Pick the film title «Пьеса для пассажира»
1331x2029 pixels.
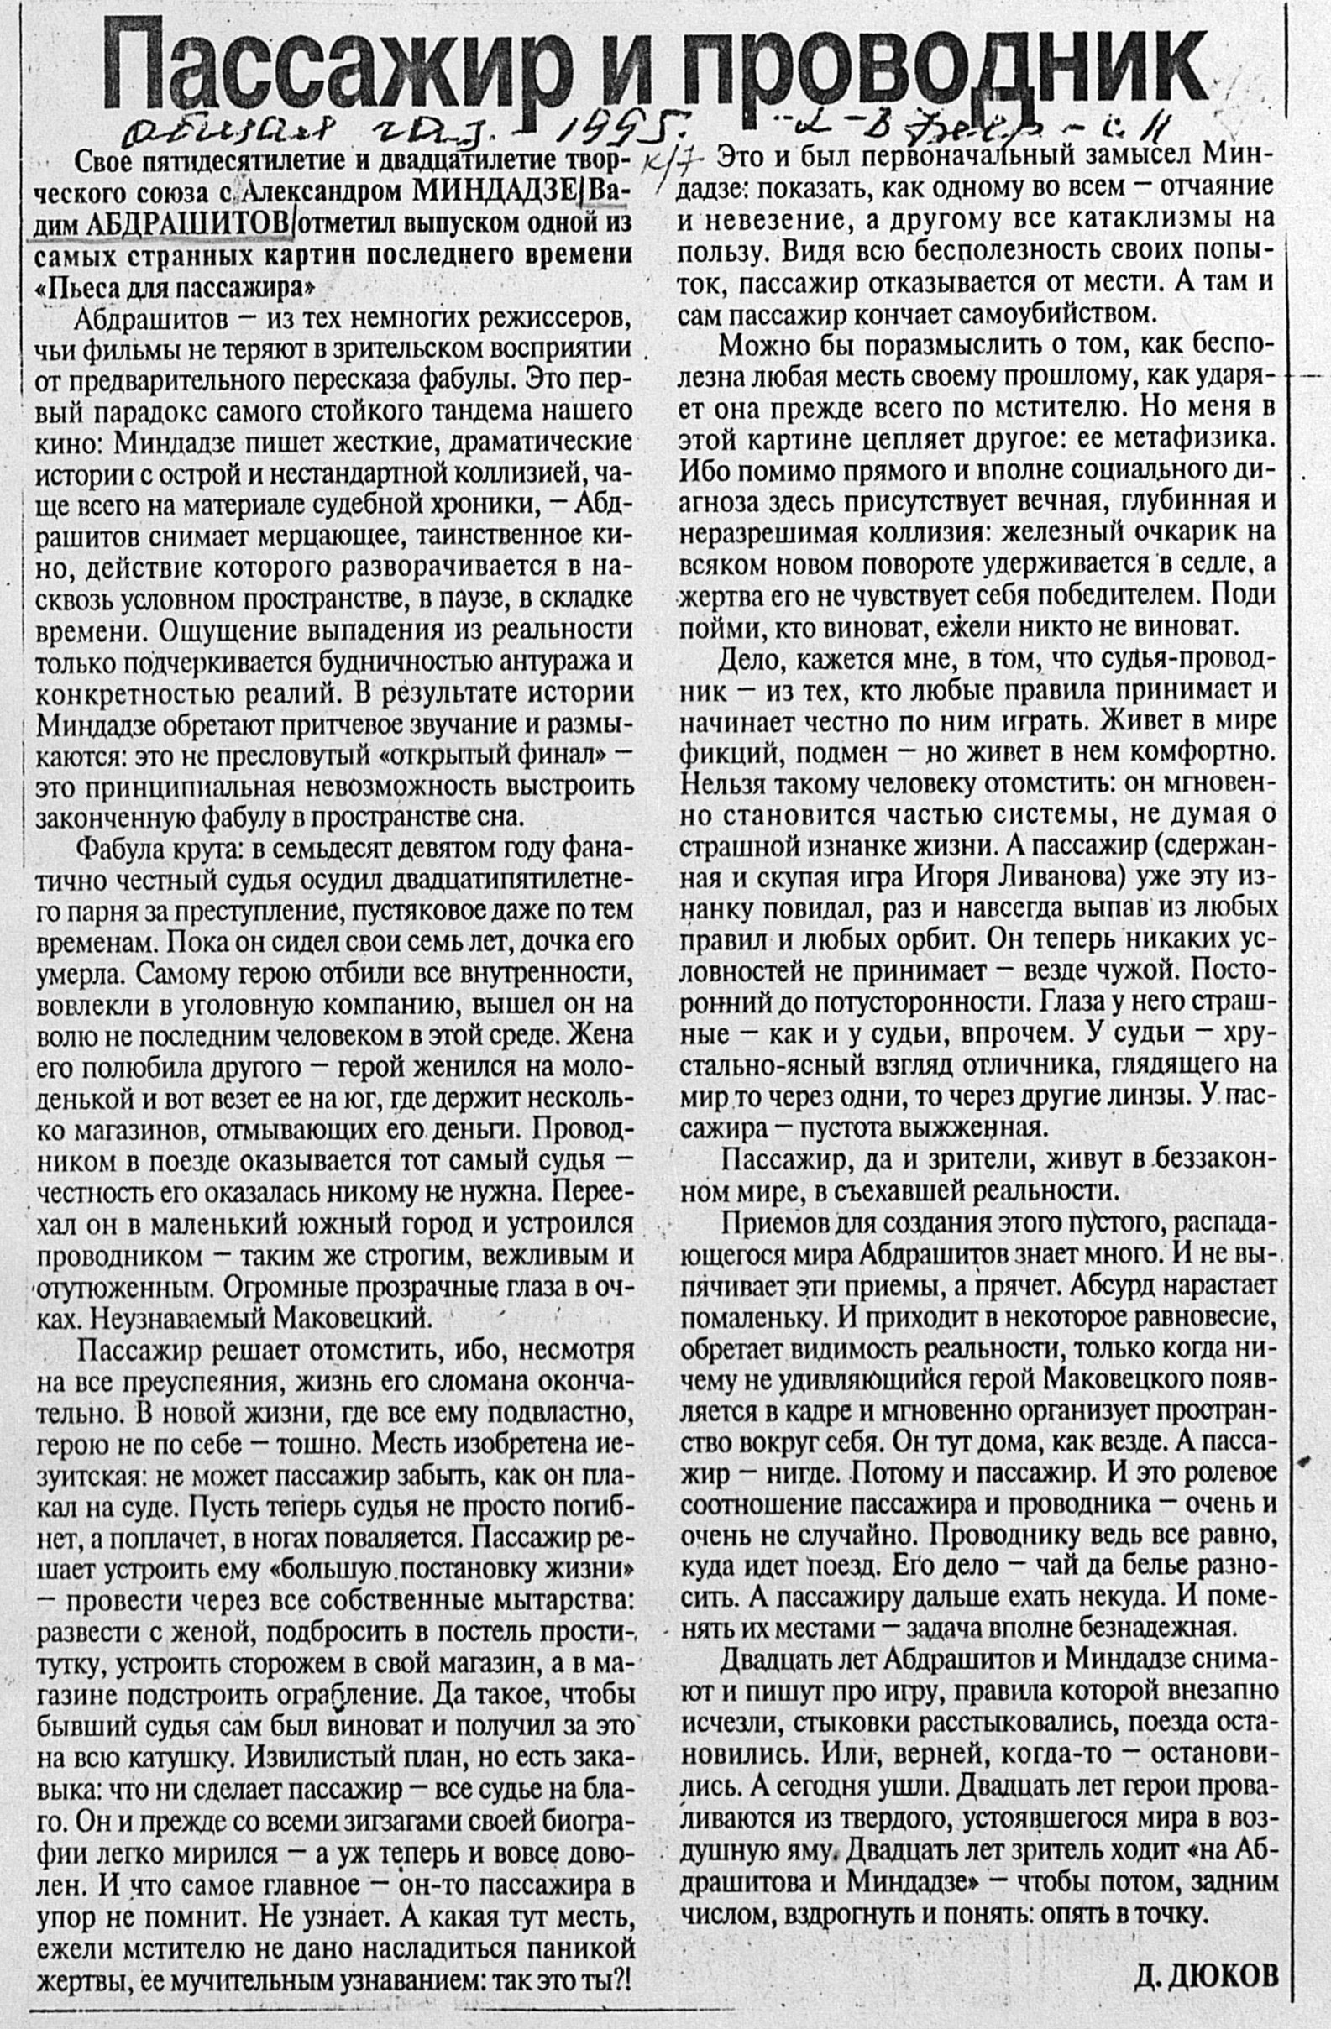pyautogui.click(x=170, y=286)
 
